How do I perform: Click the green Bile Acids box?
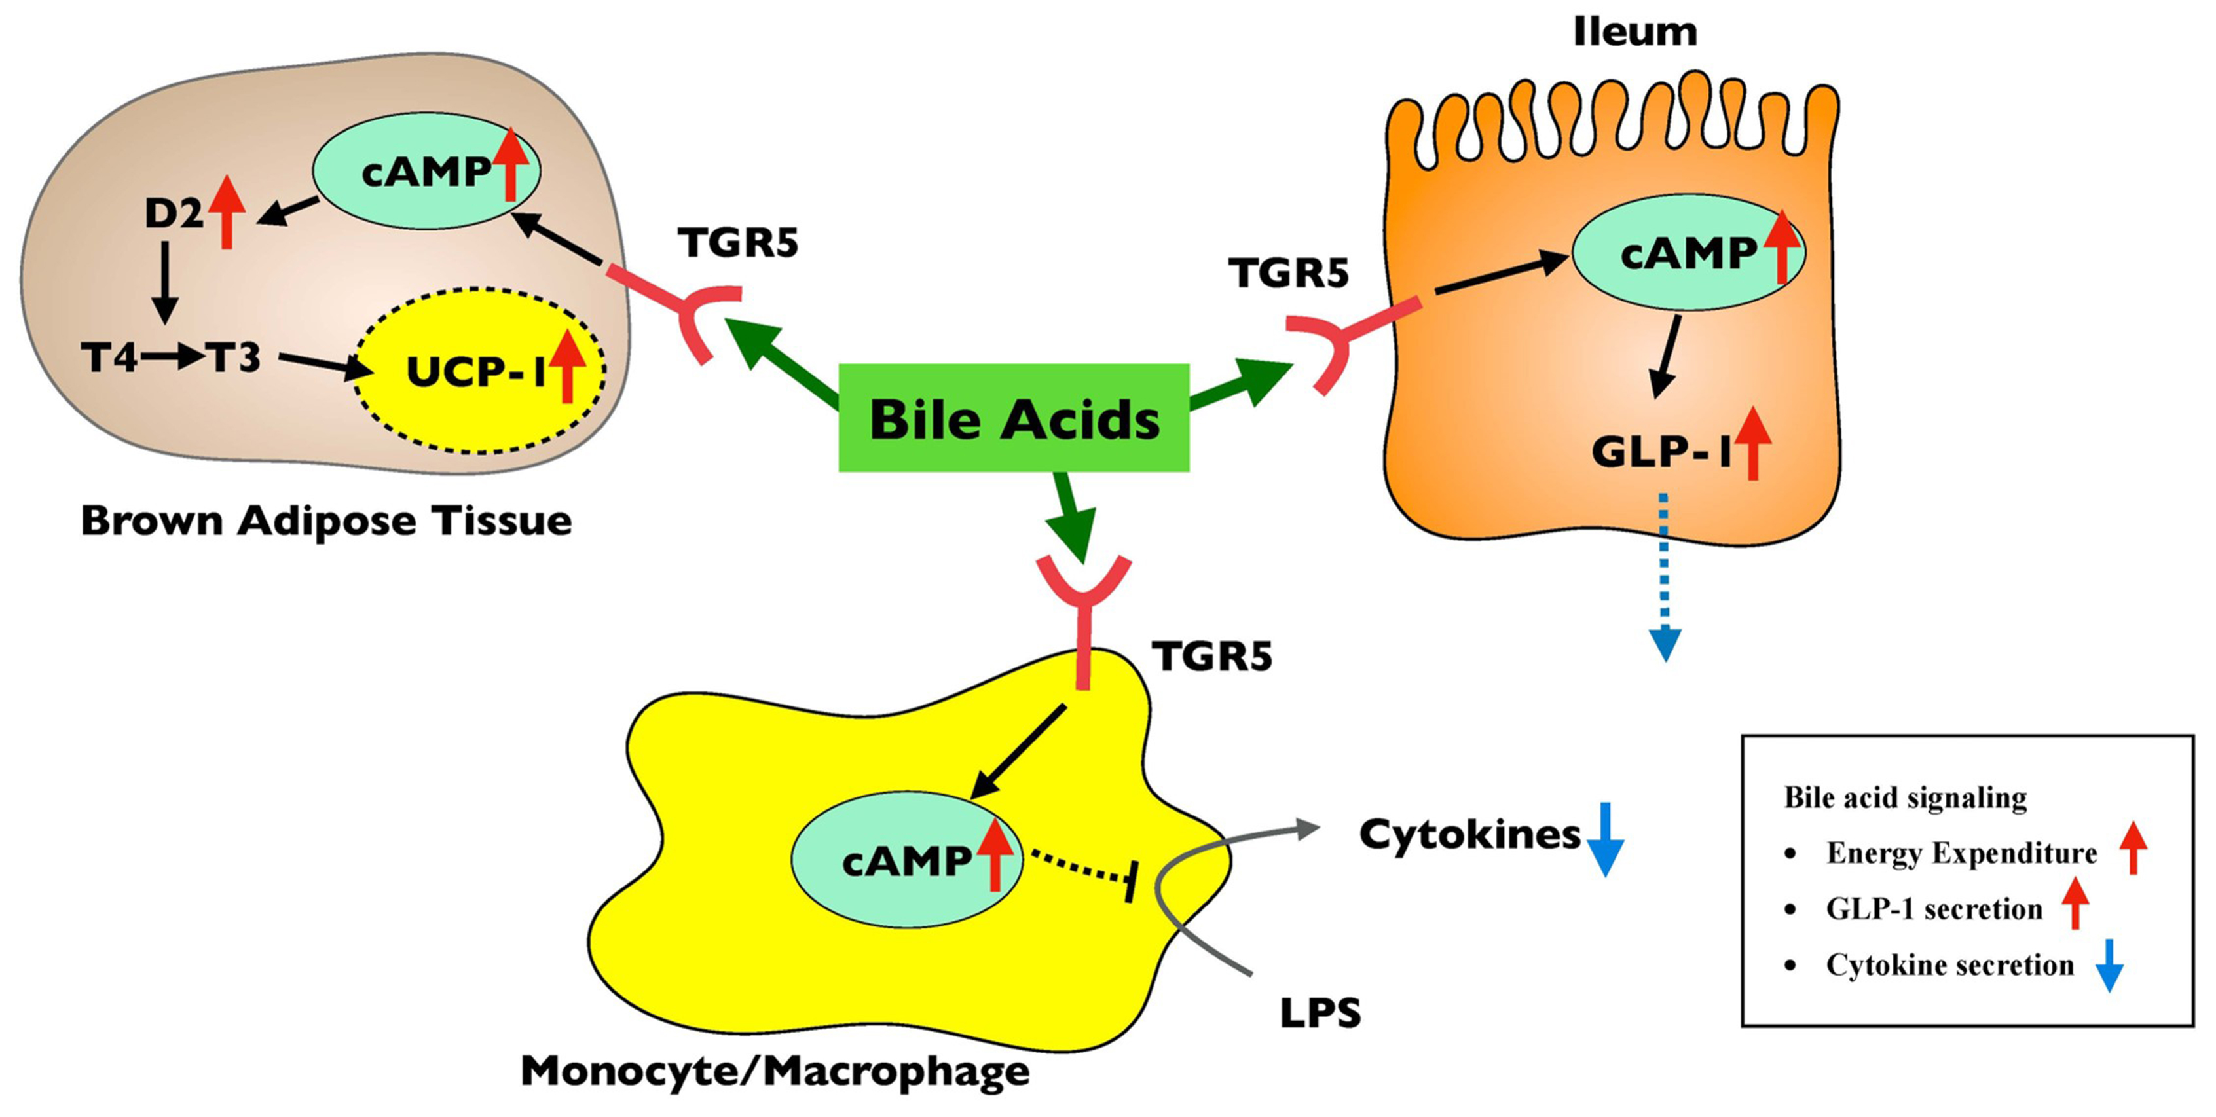[1013, 418]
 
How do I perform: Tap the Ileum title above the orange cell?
[1634, 33]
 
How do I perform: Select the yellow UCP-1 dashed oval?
[479, 371]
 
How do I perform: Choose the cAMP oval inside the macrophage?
[906, 860]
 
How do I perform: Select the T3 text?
[233, 357]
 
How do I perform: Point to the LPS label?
[1320, 1013]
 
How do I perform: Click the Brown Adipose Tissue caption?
[326, 521]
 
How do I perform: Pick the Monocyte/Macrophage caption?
[775, 1071]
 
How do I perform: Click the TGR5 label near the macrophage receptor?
[1211, 656]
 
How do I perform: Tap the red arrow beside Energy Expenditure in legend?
[2133, 848]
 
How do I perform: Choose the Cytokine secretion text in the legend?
[1949, 965]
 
